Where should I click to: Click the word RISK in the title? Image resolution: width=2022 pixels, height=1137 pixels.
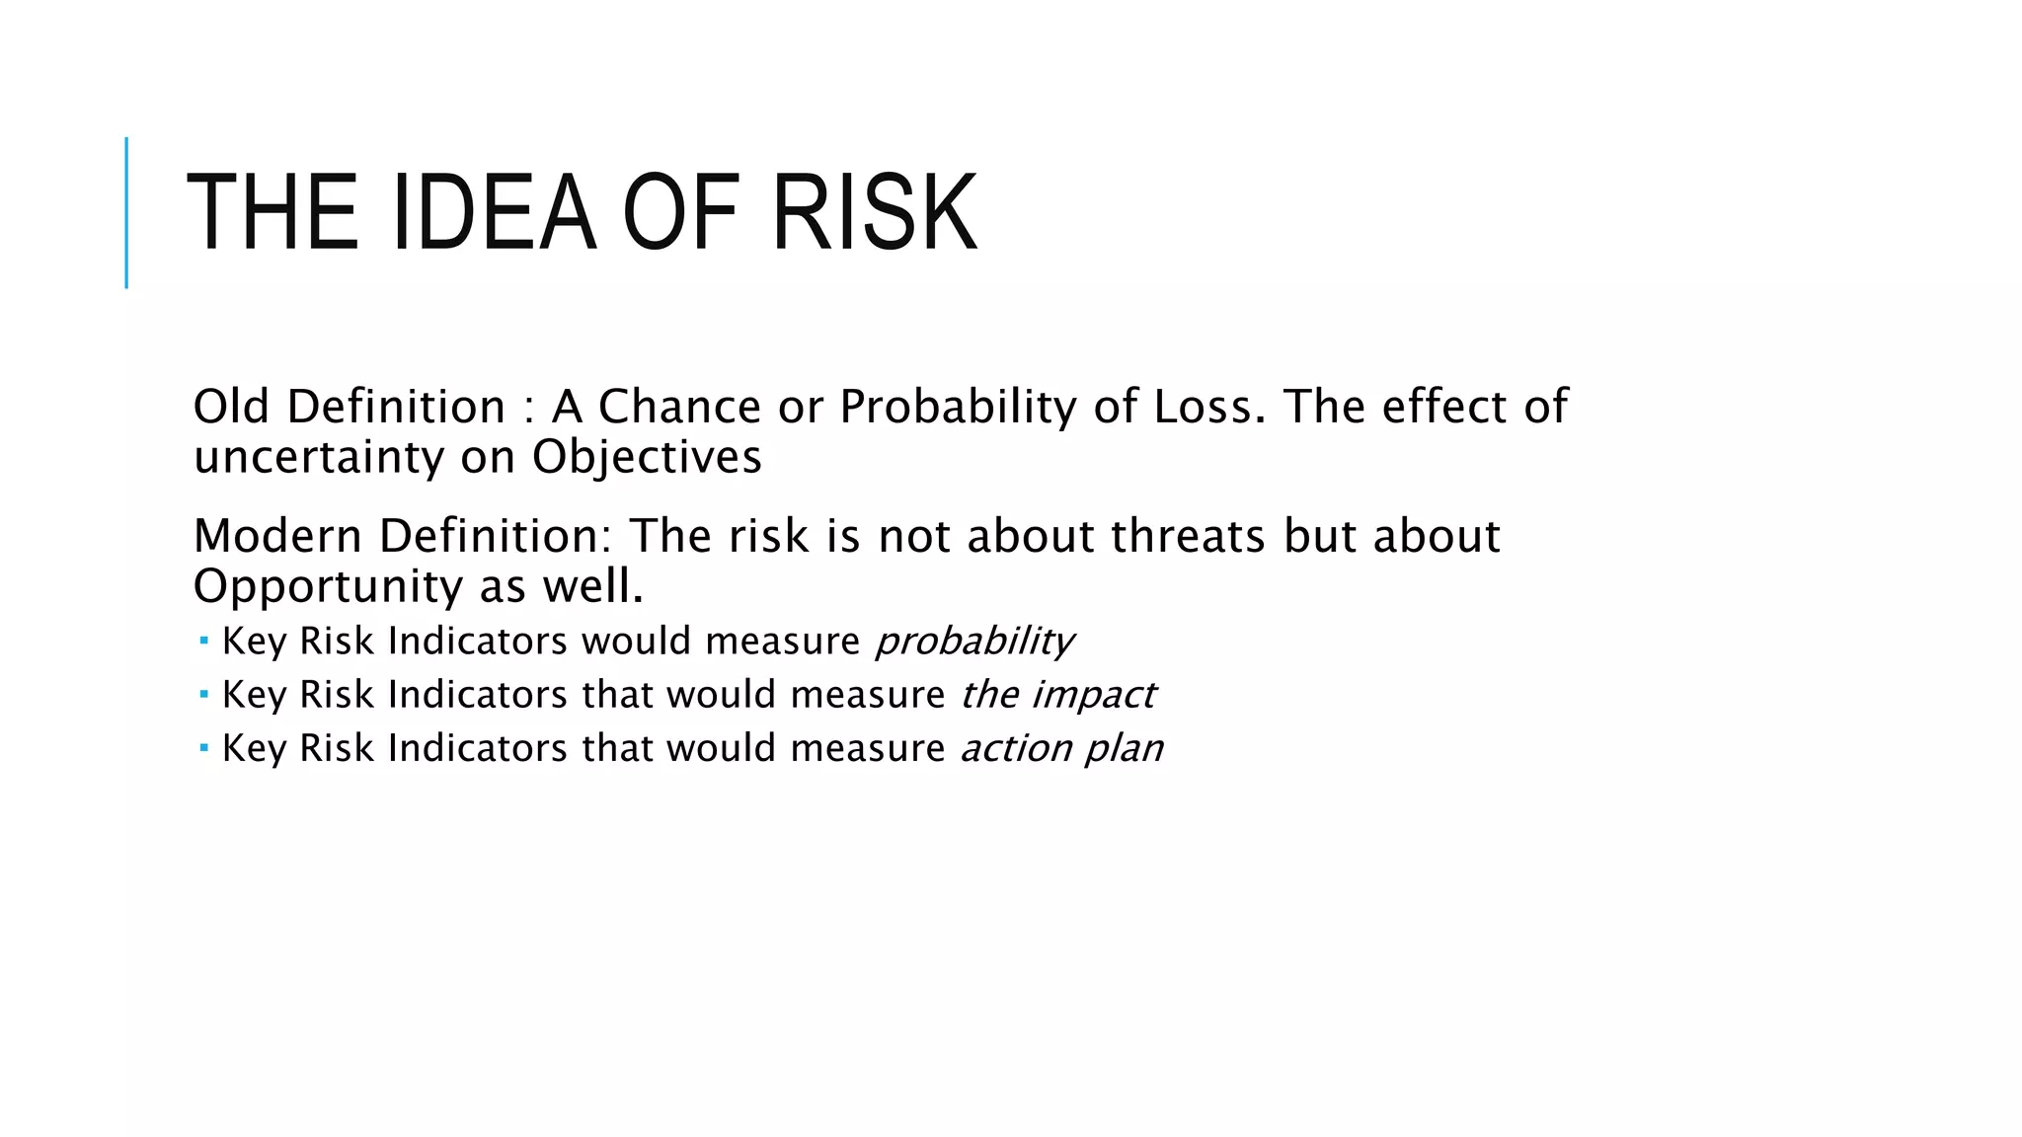click(x=874, y=213)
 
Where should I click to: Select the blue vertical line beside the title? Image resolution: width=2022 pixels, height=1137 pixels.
click(x=126, y=212)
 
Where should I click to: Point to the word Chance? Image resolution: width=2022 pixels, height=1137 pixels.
click(x=679, y=407)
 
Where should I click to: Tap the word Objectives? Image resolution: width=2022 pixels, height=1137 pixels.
click(x=647, y=457)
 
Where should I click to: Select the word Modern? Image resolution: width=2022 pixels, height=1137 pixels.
click(x=277, y=536)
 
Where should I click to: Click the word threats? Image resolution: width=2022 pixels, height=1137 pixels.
click(x=1188, y=536)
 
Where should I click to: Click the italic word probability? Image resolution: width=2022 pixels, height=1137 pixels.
click(x=974, y=642)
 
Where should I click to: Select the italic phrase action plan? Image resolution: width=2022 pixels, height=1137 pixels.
click(x=1061, y=748)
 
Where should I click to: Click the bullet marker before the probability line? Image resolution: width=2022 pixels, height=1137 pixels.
click(x=203, y=642)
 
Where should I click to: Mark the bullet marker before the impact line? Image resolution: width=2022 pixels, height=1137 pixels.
click(x=203, y=695)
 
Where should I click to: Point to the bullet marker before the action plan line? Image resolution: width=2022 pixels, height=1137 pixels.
click(x=203, y=748)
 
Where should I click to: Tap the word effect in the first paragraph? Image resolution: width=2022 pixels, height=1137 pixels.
click(x=1443, y=407)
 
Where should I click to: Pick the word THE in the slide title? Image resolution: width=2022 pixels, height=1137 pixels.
click(x=272, y=213)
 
